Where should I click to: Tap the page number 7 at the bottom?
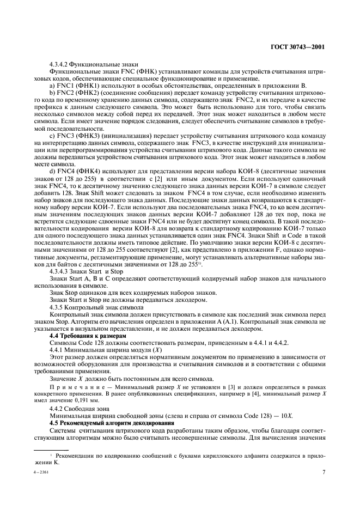click(x=324, y=473)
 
